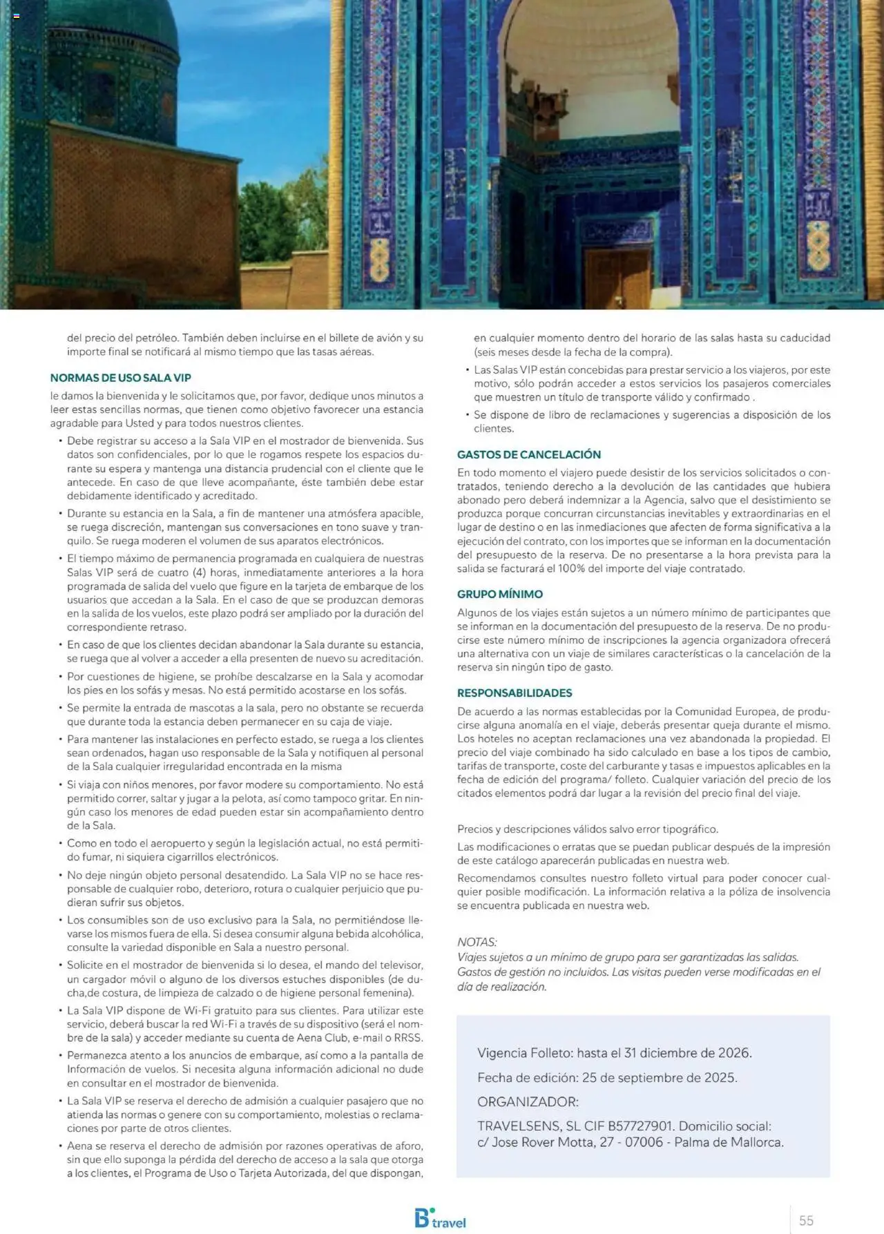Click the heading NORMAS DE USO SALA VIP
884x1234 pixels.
(120, 378)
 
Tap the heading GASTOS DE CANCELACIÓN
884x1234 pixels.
(528, 454)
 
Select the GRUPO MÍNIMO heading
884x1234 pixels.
(499, 594)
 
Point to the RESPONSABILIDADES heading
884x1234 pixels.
(515, 693)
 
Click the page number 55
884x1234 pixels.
(806, 1220)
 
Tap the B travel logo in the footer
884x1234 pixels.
(439, 1218)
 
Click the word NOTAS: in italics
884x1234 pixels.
(477, 942)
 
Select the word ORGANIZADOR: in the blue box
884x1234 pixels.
(528, 1101)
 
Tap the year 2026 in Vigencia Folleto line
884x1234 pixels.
(733, 1053)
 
